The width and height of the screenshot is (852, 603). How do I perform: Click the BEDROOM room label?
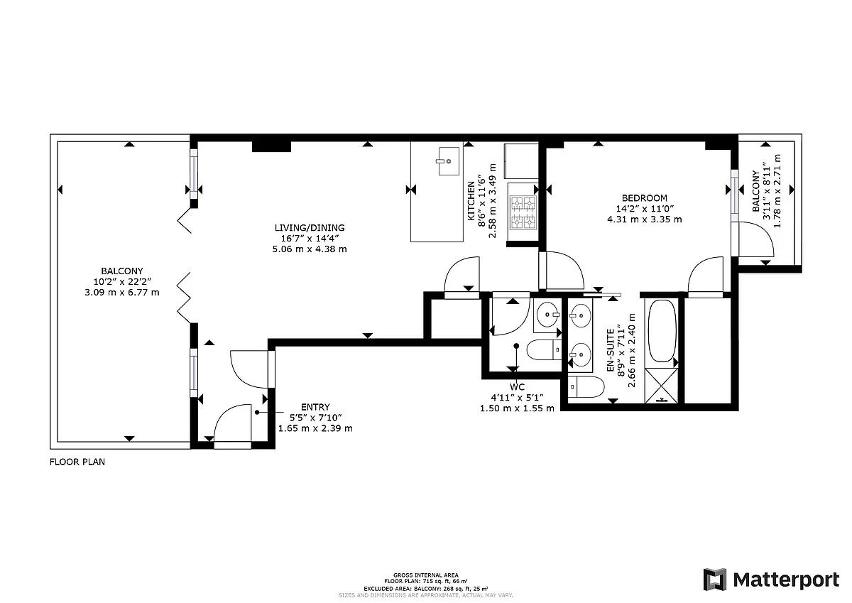pyautogui.click(x=645, y=198)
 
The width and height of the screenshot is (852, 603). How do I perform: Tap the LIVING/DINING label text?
pyautogui.click(x=310, y=227)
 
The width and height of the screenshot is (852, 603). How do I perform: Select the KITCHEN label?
pyautogui.click(x=471, y=201)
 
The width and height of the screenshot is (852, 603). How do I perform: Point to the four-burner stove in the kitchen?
pyautogui.click(x=523, y=212)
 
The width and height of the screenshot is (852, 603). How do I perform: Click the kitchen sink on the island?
pyautogui.click(x=449, y=161)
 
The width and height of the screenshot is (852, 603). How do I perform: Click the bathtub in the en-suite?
pyautogui.click(x=662, y=330)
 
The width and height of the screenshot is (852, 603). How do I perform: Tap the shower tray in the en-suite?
pyautogui.click(x=662, y=386)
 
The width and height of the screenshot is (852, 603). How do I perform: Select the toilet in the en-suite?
pyautogui.click(x=586, y=387)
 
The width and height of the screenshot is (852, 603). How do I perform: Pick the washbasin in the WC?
pyautogui.click(x=547, y=315)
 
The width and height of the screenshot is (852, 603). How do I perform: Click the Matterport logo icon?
pyautogui.click(x=715, y=580)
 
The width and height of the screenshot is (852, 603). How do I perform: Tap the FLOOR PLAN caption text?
pyautogui.click(x=77, y=462)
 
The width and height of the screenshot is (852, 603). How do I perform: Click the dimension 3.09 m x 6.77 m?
pyautogui.click(x=121, y=293)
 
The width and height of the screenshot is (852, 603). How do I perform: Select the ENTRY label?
pyautogui.click(x=315, y=407)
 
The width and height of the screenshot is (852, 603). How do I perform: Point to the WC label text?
pyautogui.click(x=517, y=387)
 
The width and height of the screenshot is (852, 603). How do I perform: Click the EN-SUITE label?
pyautogui.click(x=610, y=350)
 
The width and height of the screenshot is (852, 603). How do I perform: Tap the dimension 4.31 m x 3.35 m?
pyautogui.click(x=645, y=219)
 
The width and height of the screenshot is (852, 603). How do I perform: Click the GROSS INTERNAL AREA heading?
pyautogui.click(x=425, y=575)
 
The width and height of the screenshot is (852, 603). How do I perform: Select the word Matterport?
pyautogui.click(x=786, y=580)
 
